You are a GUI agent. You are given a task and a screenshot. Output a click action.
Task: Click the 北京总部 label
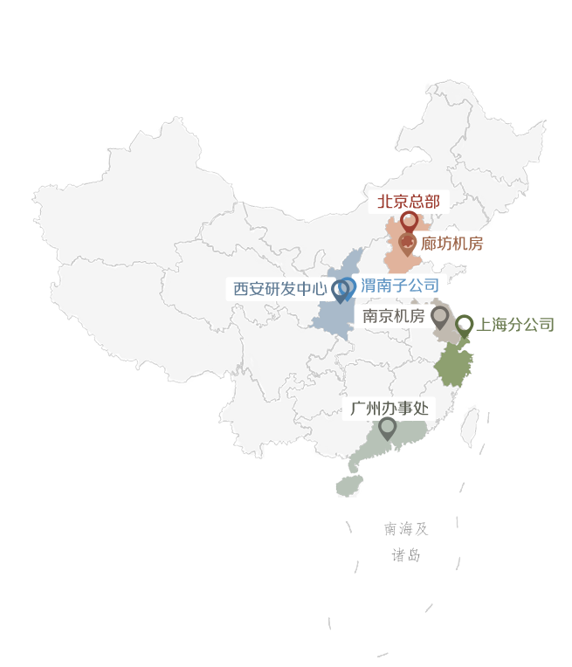[409, 202]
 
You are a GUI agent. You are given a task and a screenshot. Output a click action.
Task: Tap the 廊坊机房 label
[451, 244]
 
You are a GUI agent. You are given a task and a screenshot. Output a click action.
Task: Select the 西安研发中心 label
[279, 288]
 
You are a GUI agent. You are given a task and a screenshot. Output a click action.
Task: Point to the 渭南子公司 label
[399, 284]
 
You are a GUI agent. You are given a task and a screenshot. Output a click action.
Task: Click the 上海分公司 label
[515, 325]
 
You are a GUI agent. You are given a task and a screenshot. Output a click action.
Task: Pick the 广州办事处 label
[387, 408]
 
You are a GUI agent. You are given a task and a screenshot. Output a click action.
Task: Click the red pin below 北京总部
[408, 222]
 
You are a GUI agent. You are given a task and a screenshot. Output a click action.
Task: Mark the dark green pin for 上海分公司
[465, 327]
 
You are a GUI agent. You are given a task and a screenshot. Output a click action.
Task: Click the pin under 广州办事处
[387, 428]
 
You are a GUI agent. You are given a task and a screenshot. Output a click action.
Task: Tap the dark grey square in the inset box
[406, 541]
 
